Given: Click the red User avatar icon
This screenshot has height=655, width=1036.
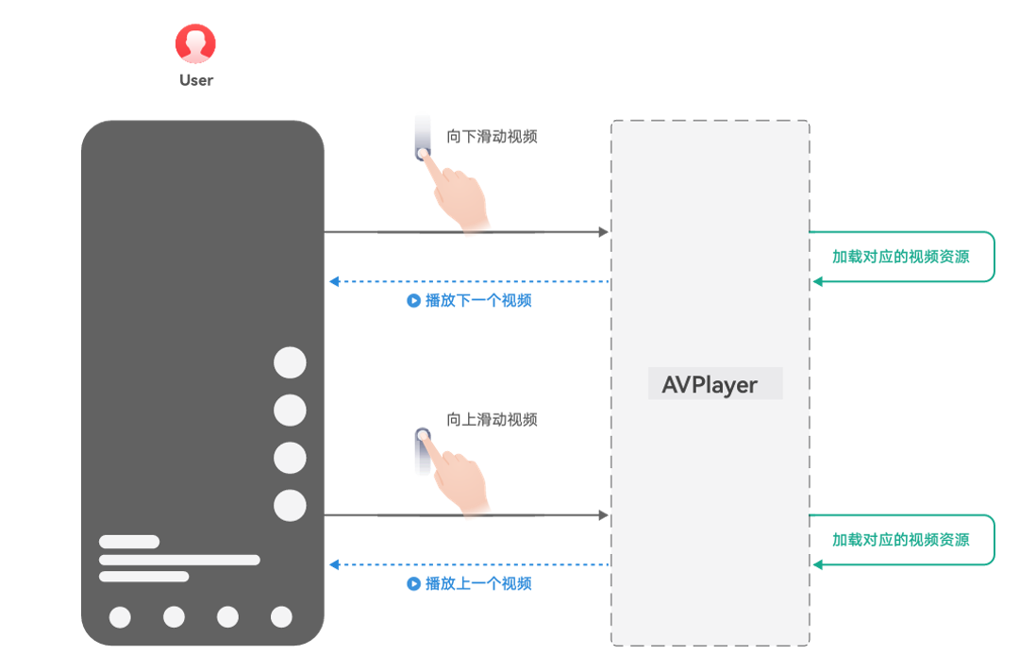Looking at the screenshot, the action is pyautogui.click(x=195, y=43).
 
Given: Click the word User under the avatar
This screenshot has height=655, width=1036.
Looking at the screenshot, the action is pyautogui.click(x=196, y=80).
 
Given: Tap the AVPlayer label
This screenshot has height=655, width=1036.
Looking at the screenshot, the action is pyautogui.click(x=710, y=385).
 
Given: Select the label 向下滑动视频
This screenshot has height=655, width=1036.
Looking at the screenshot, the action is pyautogui.click(x=492, y=137).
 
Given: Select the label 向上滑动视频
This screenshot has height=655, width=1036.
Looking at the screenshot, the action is pyautogui.click(x=492, y=420).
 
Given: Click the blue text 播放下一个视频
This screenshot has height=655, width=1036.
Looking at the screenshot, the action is pyautogui.click(x=478, y=301).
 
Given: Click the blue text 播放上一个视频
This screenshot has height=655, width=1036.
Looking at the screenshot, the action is pyautogui.click(x=478, y=583).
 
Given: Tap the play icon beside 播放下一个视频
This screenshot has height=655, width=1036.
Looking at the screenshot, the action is pyautogui.click(x=413, y=301).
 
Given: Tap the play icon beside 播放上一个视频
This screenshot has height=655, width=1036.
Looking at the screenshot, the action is pyautogui.click(x=413, y=583).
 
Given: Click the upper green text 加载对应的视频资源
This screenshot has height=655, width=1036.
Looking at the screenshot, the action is pyautogui.click(x=900, y=257).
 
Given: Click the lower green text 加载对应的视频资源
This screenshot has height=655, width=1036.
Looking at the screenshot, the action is pyautogui.click(x=900, y=540).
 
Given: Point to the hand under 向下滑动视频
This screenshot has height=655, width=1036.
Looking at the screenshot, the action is pyautogui.click(x=456, y=192).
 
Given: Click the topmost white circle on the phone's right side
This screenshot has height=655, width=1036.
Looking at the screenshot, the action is pyautogui.click(x=290, y=362).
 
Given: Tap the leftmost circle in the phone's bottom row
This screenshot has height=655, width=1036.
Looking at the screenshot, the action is pyautogui.click(x=120, y=617).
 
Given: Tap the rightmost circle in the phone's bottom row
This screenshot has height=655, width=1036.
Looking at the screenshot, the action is pyautogui.click(x=281, y=617).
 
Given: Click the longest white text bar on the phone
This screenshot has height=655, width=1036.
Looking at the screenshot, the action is pyautogui.click(x=179, y=560).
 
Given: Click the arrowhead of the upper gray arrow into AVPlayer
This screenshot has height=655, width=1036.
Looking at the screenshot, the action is pyautogui.click(x=603, y=232).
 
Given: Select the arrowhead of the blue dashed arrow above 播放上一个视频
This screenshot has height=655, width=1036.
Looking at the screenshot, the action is pyautogui.click(x=334, y=564).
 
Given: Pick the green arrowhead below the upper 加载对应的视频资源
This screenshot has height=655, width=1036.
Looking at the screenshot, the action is pyautogui.click(x=818, y=281).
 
